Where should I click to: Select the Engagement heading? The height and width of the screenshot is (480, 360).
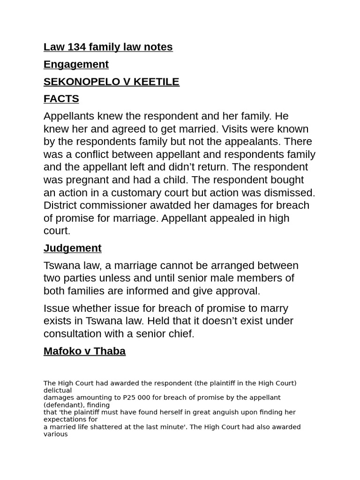click(x=76, y=64)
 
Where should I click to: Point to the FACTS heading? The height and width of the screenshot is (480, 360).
click(x=61, y=99)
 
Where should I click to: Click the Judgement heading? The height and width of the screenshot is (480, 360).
click(x=72, y=248)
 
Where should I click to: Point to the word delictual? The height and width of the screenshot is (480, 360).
click(x=58, y=390)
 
